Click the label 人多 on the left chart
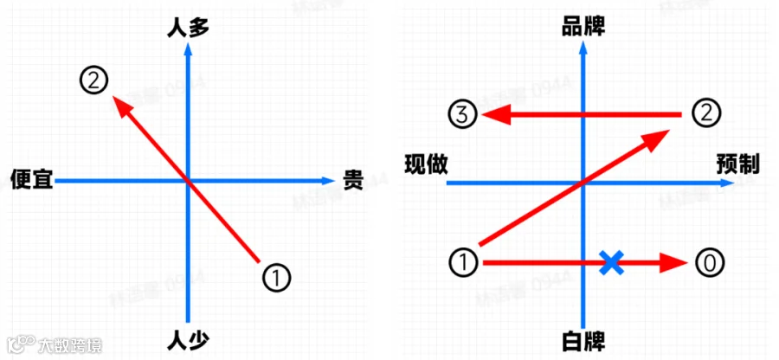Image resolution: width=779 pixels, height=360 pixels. [188, 28]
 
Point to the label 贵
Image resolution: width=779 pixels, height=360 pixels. [353, 180]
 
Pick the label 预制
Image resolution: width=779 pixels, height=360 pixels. [737, 164]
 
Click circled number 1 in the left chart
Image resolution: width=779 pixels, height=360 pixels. [275, 278]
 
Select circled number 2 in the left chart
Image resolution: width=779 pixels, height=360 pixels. [93, 80]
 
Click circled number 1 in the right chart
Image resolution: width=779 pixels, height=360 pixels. [465, 261]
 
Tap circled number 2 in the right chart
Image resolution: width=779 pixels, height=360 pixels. [706, 112]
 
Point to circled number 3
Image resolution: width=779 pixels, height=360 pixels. [462, 114]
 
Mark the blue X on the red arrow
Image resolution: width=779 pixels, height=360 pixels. [612, 262]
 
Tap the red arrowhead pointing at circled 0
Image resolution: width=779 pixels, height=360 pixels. [673, 262]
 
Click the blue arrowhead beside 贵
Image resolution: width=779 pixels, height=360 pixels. [327, 180]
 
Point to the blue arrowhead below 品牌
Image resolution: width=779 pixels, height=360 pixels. [583, 49]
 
